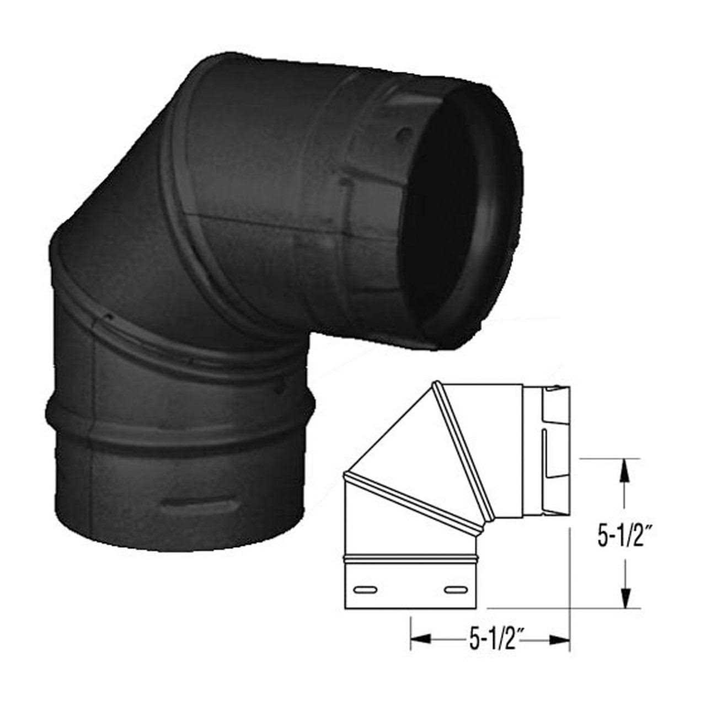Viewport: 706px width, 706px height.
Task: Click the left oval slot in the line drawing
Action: (x=365, y=590)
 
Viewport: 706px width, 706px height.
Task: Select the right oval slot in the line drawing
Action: (x=454, y=590)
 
